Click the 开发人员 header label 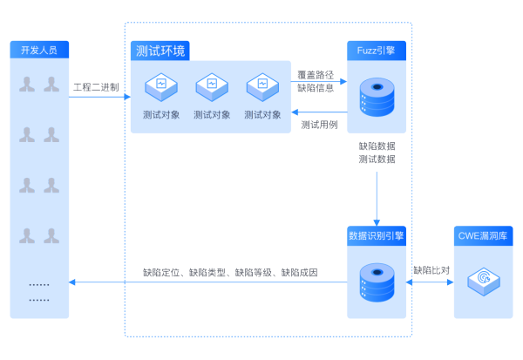click(x=39, y=51)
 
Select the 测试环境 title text click(x=161, y=51)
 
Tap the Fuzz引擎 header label click(x=377, y=51)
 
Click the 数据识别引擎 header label click(x=377, y=235)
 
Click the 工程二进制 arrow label click(x=96, y=87)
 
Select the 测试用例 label click(x=319, y=125)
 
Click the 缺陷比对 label click(x=431, y=270)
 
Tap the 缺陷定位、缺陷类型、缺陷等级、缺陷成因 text click(x=231, y=273)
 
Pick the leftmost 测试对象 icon click(x=161, y=85)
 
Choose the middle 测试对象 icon click(x=212, y=85)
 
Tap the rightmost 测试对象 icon click(x=262, y=85)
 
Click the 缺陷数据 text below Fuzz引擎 click(x=377, y=146)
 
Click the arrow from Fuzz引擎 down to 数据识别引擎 click(x=377, y=196)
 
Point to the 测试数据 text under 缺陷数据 click(x=377, y=160)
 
